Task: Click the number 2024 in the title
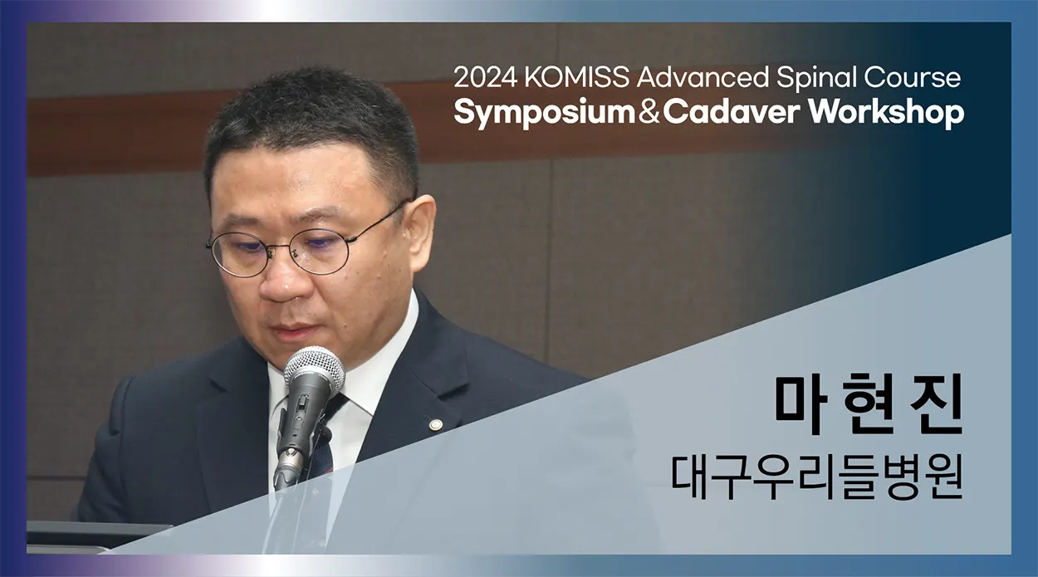485,77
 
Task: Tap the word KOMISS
576,77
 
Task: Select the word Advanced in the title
703,77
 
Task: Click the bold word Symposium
545,114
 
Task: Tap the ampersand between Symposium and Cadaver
649,112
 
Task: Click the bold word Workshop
886,113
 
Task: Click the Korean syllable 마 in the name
802,404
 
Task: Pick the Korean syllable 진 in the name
936,404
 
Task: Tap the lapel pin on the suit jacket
435,424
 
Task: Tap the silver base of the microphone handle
289,466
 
